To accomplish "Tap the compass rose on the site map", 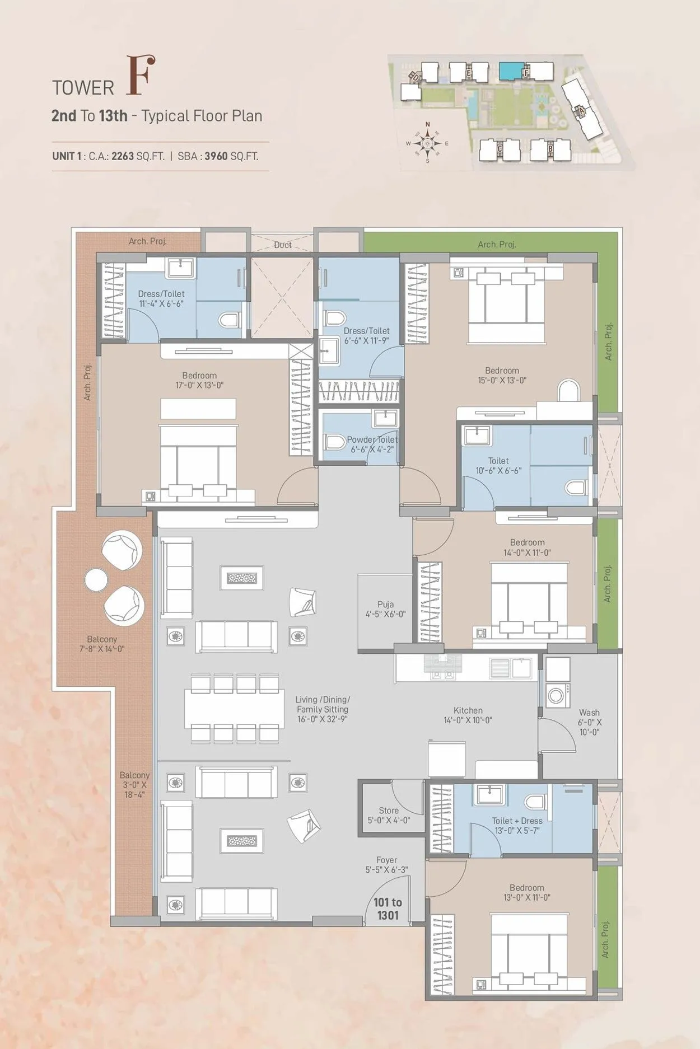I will [x=428, y=143].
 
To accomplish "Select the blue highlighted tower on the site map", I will [x=510, y=71].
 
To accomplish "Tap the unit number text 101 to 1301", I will [x=388, y=908].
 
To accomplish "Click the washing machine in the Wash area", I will [x=556, y=695].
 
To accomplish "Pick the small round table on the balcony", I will [x=96, y=580].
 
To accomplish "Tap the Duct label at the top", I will [x=283, y=245].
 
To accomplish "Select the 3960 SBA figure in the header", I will [x=216, y=156].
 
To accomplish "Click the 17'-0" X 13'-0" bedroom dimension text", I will [x=199, y=385].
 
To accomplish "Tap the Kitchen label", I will [x=468, y=710].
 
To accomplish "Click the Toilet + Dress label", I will [x=517, y=821].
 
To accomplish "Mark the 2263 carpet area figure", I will [x=123, y=156].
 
